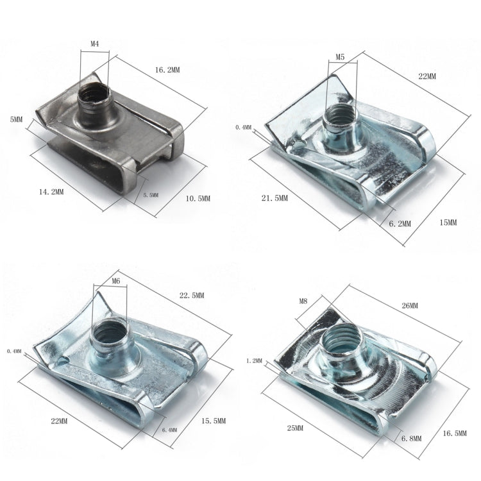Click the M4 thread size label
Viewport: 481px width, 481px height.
pos(94,44)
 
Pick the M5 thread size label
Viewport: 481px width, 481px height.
pos(340,57)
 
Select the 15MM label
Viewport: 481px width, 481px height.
pos(448,223)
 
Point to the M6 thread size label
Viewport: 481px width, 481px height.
pos(115,281)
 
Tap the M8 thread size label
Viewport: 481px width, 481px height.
pos(304,300)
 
